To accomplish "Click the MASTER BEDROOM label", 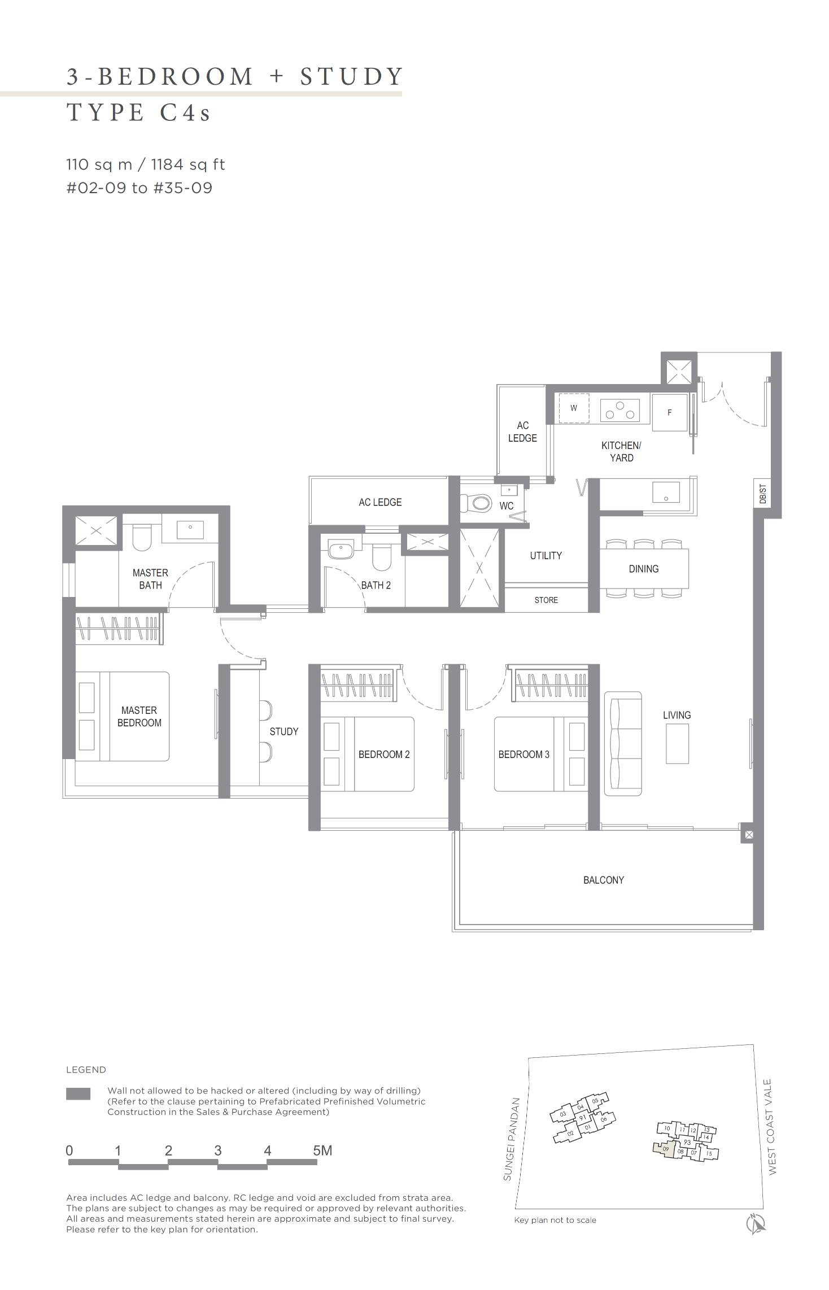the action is pos(139,716).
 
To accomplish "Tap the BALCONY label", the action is pos(603,880).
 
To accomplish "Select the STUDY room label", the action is pos(283,731).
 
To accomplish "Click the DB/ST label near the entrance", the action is pos(763,494).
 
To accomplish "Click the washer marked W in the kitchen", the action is pos(574,408).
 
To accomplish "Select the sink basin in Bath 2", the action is pos(341,550).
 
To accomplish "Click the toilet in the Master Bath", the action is pos(142,538).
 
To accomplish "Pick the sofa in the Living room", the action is pos(623,743).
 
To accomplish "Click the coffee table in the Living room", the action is pos(677,743).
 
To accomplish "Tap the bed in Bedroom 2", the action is pos(368,754).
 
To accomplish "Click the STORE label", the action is pos(546,600).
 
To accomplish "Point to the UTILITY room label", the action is pos(546,556).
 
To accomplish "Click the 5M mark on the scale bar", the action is pos(322,1150).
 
